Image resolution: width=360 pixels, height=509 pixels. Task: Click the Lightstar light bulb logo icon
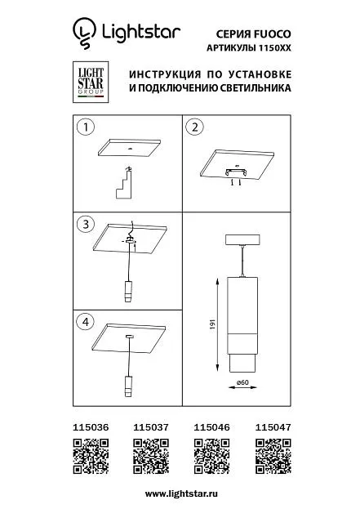point(84,33)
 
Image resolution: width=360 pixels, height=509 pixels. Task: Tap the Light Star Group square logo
point(91,83)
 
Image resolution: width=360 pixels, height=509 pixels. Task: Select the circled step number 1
point(86,127)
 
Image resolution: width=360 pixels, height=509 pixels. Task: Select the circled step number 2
point(194,127)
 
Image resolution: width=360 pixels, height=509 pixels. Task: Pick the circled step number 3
point(86,224)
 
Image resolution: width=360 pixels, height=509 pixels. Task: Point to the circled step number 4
point(85,322)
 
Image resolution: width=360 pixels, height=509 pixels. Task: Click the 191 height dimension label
point(213,324)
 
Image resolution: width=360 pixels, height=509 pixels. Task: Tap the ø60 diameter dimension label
point(242,382)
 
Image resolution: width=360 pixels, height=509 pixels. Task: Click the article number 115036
point(91,427)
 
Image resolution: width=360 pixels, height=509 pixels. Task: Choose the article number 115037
point(151,427)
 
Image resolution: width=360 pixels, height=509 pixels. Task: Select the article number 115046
point(211,427)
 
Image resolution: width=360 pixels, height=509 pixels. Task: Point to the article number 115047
point(273,427)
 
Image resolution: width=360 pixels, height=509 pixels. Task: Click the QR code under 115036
point(91,456)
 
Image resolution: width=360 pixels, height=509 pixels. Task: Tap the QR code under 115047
point(273,456)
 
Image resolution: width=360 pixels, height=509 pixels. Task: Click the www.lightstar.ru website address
point(181,493)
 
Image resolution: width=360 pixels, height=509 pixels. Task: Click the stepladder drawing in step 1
point(124,182)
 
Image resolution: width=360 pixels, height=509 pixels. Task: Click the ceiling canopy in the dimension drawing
point(243,239)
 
